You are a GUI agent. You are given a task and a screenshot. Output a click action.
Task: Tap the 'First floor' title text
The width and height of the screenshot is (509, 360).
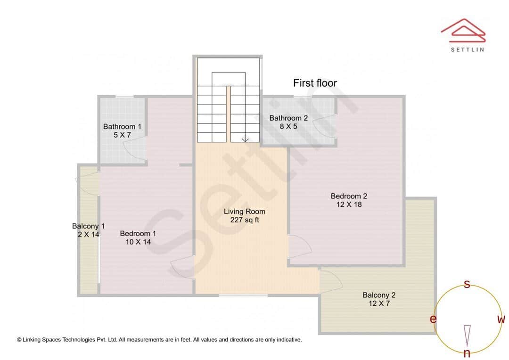click(x=315, y=83)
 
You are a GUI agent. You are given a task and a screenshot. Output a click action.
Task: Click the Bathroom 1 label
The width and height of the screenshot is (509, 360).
click(x=122, y=126)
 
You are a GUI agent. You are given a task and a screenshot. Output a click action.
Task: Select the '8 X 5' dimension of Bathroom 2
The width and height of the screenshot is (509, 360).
click(x=288, y=126)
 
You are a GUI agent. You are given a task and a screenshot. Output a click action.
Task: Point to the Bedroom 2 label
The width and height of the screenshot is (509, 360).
click(x=349, y=196)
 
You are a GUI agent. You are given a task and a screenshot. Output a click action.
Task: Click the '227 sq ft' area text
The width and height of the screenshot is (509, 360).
click(x=245, y=220)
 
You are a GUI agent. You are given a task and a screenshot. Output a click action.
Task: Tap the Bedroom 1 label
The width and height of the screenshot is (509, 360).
click(x=138, y=233)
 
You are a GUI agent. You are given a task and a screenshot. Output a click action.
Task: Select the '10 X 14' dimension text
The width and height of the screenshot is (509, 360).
click(x=138, y=242)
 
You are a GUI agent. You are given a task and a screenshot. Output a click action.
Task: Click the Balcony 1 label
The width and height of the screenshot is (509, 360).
click(x=88, y=226)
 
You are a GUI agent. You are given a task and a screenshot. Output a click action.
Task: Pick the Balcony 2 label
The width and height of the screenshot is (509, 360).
click(x=379, y=295)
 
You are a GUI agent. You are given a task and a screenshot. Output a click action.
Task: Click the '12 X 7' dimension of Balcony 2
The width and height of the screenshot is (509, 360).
click(x=379, y=303)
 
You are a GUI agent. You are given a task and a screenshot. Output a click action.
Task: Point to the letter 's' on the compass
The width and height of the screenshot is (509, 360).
click(x=467, y=284)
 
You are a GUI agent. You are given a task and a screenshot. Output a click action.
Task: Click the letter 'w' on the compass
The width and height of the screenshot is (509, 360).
click(x=501, y=319)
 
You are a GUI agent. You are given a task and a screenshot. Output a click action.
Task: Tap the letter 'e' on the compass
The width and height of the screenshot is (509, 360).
click(x=433, y=319)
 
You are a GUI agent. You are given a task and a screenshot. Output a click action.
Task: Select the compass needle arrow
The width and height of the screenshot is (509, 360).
click(x=467, y=335)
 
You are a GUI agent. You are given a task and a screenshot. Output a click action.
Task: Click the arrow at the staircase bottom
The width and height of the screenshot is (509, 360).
click(x=245, y=139)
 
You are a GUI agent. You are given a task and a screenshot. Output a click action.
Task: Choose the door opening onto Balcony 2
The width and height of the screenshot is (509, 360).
click(x=331, y=282)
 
